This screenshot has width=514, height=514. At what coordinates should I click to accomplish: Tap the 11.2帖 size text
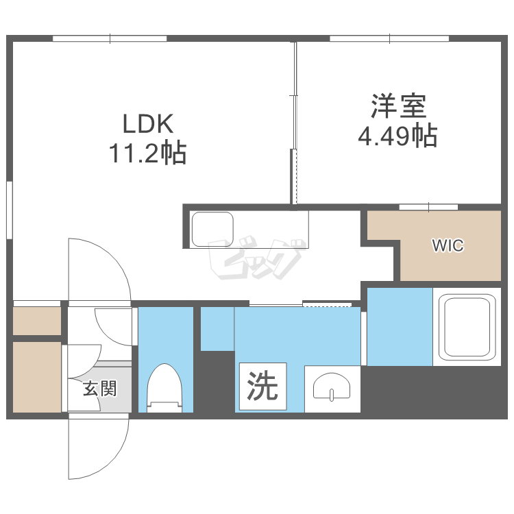[x=147, y=153]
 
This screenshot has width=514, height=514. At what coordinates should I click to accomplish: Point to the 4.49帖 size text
[x=397, y=136]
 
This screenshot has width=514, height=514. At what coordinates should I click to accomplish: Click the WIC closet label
[x=448, y=245]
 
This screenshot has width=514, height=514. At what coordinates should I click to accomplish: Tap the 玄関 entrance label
[x=100, y=389]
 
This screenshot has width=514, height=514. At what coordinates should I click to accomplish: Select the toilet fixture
[x=164, y=388]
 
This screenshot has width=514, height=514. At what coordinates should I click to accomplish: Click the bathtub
[x=466, y=326]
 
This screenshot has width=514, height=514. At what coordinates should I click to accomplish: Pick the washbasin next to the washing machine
[x=332, y=389]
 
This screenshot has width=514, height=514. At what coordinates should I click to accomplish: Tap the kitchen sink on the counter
[x=213, y=229]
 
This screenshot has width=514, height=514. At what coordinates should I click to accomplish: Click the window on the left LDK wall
[x=10, y=210]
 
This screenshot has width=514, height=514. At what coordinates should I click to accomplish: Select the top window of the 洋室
[x=390, y=38]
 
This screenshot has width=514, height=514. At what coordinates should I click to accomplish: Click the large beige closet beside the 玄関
[x=37, y=376]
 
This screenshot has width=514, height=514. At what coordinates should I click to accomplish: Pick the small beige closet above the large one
[x=37, y=321]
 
